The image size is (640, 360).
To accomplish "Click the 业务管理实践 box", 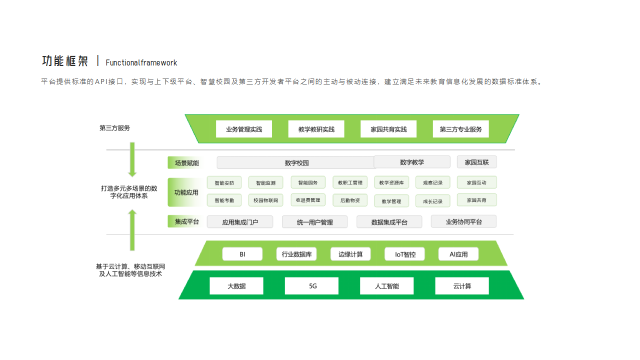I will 243,129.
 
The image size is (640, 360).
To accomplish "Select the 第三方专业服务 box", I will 460,129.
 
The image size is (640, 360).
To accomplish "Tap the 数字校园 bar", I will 296,162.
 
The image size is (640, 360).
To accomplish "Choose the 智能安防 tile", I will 224,182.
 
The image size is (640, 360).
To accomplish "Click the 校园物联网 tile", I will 265,200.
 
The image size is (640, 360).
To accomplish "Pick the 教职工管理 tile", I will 350,182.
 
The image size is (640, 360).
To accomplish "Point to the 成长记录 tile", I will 432,201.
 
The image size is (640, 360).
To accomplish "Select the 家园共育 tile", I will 476,200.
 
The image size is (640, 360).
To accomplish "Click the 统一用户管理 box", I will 314,222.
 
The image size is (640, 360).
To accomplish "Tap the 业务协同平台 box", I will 463,221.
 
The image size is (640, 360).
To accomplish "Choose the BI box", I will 242,254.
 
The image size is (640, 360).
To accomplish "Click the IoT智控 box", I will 404,254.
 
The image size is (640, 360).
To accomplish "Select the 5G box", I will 311,286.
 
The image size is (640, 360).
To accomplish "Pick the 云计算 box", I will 462,286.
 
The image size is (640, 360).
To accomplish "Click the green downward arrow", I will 132,159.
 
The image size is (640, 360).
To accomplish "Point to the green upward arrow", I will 132,229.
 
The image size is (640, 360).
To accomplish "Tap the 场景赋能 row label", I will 186,163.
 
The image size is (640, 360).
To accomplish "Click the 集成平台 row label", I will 186,221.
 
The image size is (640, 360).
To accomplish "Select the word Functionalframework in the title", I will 141,63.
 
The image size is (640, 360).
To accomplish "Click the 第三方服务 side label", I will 114,128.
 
